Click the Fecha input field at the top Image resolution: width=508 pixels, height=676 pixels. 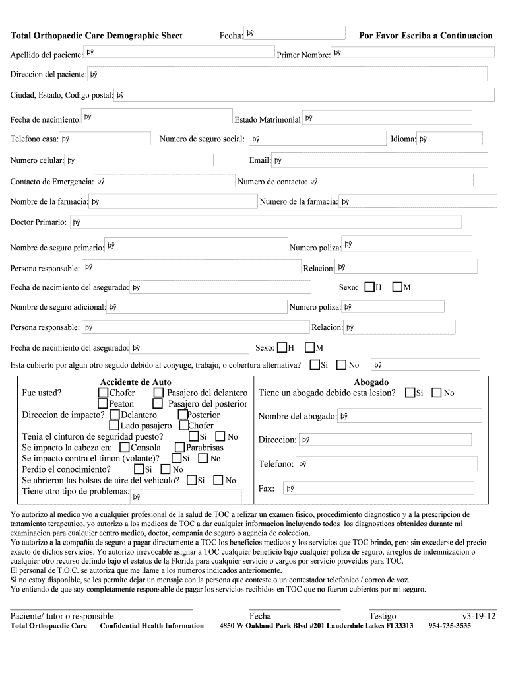coord(295,33)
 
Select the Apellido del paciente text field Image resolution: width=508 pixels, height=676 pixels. coord(179,52)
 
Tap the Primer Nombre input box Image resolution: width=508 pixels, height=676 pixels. coord(412,53)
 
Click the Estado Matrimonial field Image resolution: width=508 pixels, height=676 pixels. coord(387,118)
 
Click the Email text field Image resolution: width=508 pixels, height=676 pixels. coord(380,160)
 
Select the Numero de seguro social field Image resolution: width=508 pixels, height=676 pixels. coord(317,139)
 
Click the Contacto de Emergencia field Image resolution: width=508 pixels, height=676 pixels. coord(165,181)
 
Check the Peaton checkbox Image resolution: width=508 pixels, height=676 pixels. coord(103,403)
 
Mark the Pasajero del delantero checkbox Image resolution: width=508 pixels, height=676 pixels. coord(158,393)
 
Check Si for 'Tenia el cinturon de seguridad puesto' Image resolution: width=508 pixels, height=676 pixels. coord(193,436)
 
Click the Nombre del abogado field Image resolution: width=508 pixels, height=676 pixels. coord(410,416)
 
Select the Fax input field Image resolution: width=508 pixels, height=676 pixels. coord(378,489)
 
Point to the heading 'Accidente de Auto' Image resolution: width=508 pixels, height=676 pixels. coord(135,382)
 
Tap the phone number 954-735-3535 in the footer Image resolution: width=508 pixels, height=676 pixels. coord(450,626)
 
